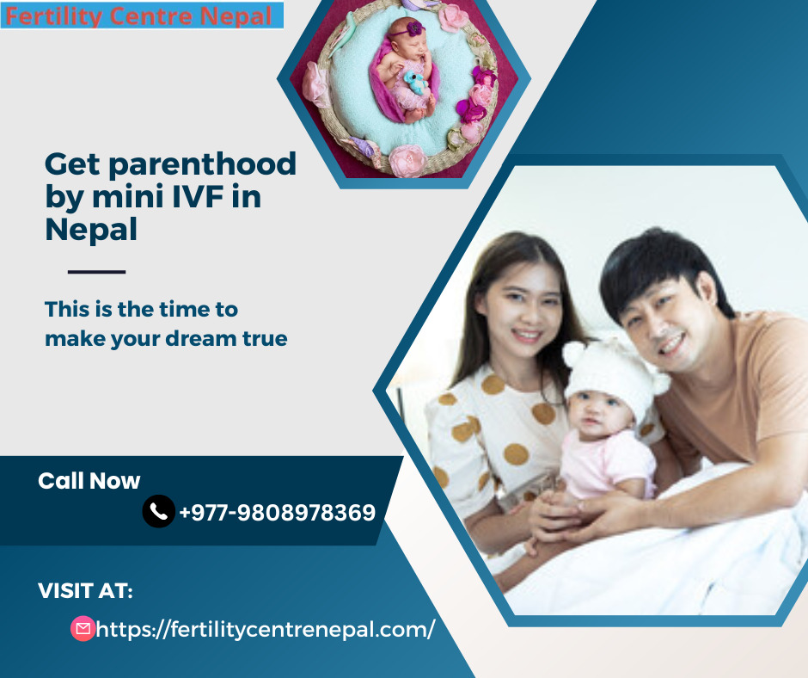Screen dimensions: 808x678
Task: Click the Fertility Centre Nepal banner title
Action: coord(138,16)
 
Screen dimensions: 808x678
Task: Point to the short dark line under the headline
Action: coord(97,271)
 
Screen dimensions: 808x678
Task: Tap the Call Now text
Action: coord(89,481)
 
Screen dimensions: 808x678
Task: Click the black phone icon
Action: coord(159,511)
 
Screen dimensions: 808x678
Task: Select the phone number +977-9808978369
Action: coord(278,513)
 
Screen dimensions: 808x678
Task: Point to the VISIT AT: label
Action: coord(86,591)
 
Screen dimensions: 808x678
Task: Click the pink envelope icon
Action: coord(83,628)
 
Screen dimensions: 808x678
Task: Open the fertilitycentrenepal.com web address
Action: coord(266,630)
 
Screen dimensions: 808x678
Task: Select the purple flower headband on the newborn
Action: coord(411,29)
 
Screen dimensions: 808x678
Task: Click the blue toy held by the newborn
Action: coord(415,82)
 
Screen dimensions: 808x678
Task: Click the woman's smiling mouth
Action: coord(527,335)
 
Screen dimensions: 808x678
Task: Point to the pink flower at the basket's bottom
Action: coord(407,159)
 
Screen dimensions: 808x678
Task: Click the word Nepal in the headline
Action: coord(91,229)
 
